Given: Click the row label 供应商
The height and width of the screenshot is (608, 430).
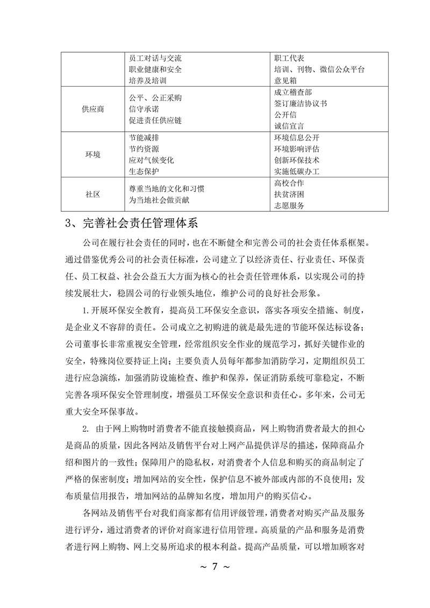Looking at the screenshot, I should pyautogui.click(x=94, y=109).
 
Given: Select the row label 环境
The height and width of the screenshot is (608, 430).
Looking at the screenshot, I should pyautogui.click(x=94, y=154).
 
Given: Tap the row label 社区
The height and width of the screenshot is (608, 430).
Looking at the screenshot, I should pyautogui.click(x=94, y=194).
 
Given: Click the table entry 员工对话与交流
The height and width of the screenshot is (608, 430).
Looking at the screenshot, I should pyautogui.click(x=155, y=58).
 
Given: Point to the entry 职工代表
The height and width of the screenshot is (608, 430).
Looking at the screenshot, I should pyautogui.click(x=290, y=58).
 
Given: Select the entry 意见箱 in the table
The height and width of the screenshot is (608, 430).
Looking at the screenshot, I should pyautogui.click(x=286, y=81).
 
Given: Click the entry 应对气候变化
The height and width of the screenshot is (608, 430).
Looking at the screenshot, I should pyautogui.click(x=152, y=160).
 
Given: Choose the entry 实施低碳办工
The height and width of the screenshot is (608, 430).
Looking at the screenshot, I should pyautogui.click(x=297, y=171).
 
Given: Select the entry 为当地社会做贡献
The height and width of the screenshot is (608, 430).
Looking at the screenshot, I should pyautogui.click(x=159, y=200).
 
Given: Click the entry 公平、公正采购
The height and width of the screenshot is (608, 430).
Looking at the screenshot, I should pyautogui.click(x=155, y=98).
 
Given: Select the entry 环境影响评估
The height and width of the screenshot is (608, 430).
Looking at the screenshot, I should pyautogui.click(x=297, y=149).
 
